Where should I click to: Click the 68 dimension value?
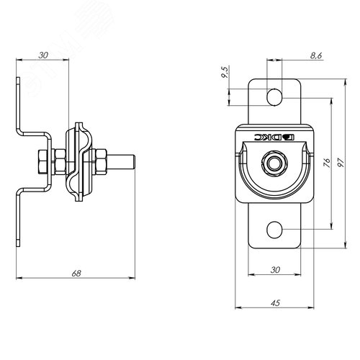coord(76,274)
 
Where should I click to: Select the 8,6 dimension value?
coord(316,55)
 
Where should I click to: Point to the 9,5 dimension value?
coord(225,72)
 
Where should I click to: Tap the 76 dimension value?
coord(327,163)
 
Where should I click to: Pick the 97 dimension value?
coord(341,163)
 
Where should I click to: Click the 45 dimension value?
coord(275,303)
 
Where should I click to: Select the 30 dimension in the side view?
coord(43,55)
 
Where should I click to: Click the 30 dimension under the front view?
coord(275,270)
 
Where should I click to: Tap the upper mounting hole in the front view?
coord(274,97)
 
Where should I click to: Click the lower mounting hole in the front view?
coord(274,230)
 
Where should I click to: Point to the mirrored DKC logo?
coord(274,138)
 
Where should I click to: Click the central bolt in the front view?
coord(273,163)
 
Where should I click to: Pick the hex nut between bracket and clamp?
coord(60,161)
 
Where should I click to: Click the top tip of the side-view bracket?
coord(18,78)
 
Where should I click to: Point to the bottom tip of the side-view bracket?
coord(18,246)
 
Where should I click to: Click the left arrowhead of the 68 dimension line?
coord(19,278)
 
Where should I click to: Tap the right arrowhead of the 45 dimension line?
coord(311,307)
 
